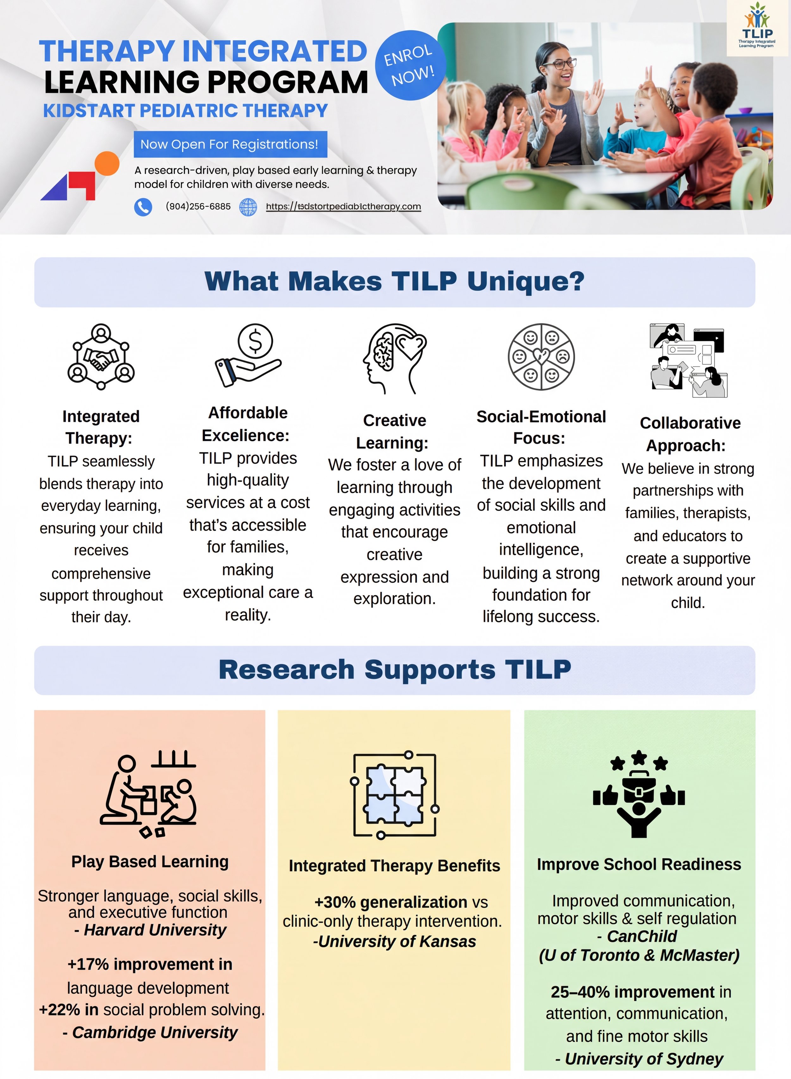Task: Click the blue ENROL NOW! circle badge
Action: tap(410, 65)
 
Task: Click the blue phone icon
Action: tap(143, 207)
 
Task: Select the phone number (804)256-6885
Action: tap(198, 206)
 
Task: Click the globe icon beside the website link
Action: tap(248, 207)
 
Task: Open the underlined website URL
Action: tap(343, 206)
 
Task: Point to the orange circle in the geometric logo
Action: tap(107, 164)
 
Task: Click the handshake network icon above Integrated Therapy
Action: tap(101, 357)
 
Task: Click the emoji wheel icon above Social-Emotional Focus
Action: tap(541, 357)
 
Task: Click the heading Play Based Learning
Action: tap(150, 862)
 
